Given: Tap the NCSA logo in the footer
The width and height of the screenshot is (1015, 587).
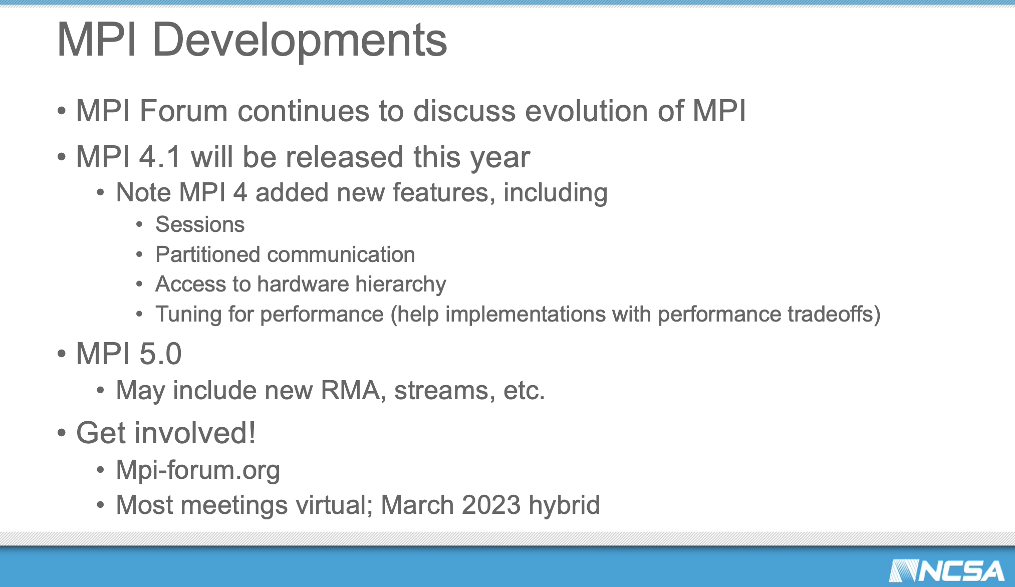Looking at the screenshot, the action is pyautogui.click(x=946, y=571).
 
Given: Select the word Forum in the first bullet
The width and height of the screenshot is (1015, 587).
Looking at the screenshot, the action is pyautogui.click(x=183, y=111).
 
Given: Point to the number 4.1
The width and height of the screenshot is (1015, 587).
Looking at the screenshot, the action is pyautogui.click(x=159, y=157).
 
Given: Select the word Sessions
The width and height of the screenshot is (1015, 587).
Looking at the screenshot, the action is pyautogui.click(x=200, y=224).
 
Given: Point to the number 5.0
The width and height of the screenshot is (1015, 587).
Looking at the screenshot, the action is pyautogui.click(x=160, y=354).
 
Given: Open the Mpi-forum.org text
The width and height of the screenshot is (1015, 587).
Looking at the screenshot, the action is pyautogui.click(x=198, y=470).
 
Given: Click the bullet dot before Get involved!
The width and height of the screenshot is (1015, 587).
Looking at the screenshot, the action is pyautogui.click(x=62, y=433).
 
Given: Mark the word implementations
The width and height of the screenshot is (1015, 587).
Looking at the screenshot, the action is pyautogui.click(x=526, y=315).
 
